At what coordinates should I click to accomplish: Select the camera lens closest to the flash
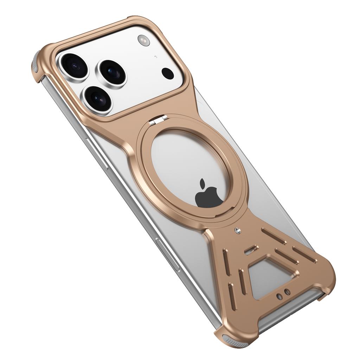click(112, 72)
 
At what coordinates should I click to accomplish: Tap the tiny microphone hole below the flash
click(155, 57)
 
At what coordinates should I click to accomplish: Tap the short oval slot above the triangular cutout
click(250, 250)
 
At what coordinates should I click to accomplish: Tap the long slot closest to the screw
click(274, 236)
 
